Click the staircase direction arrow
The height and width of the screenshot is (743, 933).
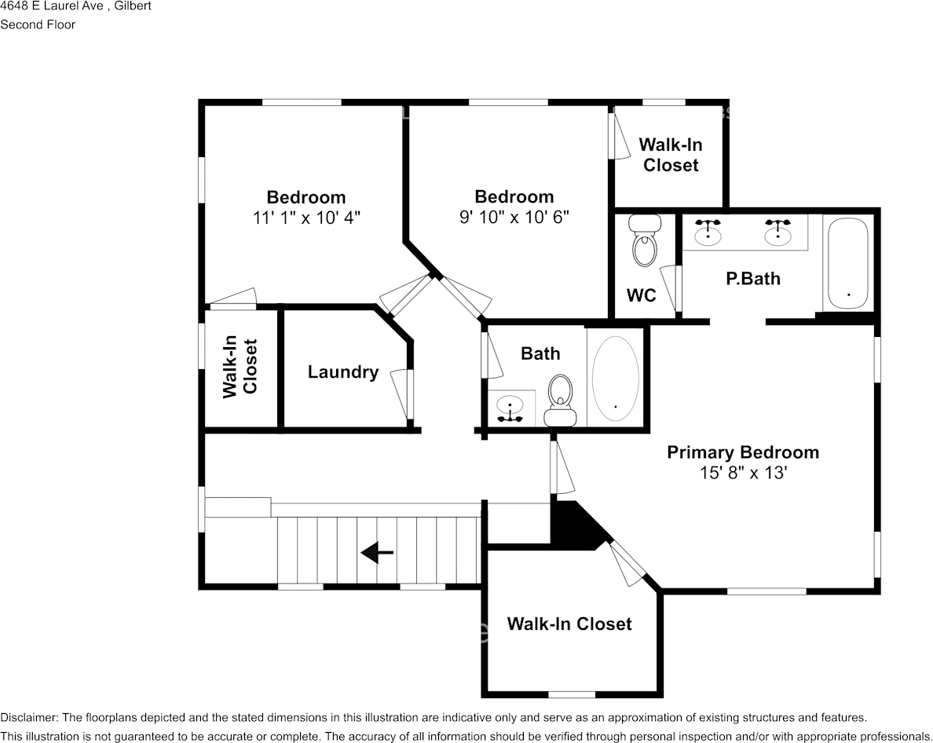[x=377, y=554]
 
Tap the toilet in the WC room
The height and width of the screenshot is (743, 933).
[x=645, y=243]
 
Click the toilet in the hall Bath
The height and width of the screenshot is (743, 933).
[x=560, y=397]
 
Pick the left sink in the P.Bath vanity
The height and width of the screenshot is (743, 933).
[x=708, y=231]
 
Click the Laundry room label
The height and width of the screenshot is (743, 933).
[x=342, y=372]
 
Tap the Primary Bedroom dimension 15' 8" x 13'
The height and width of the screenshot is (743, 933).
[x=743, y=473]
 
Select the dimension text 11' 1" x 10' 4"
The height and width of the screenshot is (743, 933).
[x=306, y=218]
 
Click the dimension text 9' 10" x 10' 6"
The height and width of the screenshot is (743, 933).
[x=514, y=217]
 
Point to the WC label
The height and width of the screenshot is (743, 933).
[x=641, y=296]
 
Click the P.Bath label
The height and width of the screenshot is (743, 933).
[x=752, y=278]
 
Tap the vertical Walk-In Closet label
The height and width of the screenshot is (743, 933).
[x=240, y=367]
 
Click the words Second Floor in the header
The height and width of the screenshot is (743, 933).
[x=38, y=24]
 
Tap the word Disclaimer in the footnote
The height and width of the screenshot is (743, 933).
[x=28, y=718]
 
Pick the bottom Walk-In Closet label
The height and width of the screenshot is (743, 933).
[x=569, y=624]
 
